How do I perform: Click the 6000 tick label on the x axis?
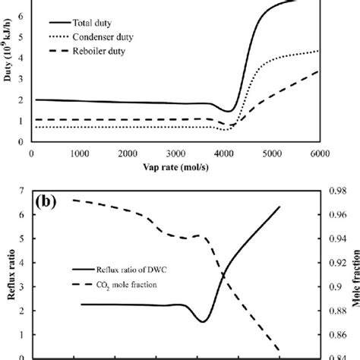pyautogui.click(x=318, y=155)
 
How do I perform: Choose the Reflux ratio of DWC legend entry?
pyautogui.click(x=126, y=270)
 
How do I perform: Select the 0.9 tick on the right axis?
pyautogui.click(x=333, y=287)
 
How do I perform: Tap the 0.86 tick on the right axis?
pyautogui.click(x=333, y=335)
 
